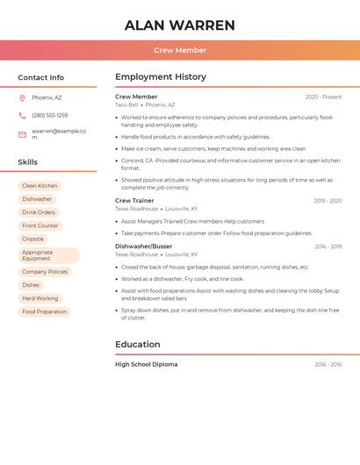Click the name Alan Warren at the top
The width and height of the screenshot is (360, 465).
pos(180,25)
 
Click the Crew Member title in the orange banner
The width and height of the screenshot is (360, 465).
pos(180,50)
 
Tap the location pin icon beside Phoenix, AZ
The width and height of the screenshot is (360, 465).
pos(22,97)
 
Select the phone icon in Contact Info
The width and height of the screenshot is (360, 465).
pos(22,115)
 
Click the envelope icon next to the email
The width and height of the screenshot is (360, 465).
pos(22,134)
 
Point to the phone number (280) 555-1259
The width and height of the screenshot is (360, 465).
pos(50,115)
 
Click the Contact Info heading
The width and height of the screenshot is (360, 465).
pos(41,77)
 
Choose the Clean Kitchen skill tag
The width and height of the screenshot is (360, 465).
pos(40,186)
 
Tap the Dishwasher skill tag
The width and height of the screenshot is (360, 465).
pos(37,199)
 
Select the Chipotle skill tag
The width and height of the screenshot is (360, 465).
pos(32,239)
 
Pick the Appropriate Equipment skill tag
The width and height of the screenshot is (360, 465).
pos(48,255)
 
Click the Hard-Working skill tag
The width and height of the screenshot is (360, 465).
pos(40,298)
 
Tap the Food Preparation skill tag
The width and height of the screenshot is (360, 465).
pos(44,311)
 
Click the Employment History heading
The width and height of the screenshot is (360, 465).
pos(161,76)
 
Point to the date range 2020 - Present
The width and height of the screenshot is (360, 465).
pos(323,97)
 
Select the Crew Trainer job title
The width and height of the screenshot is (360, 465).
pos(134,201)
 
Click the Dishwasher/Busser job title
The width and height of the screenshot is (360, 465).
pos(144,247)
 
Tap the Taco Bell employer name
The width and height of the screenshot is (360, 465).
pos(126,104)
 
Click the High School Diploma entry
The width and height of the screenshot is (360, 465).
pos(146,364)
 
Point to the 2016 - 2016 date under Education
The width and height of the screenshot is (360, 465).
pos(328,364)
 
